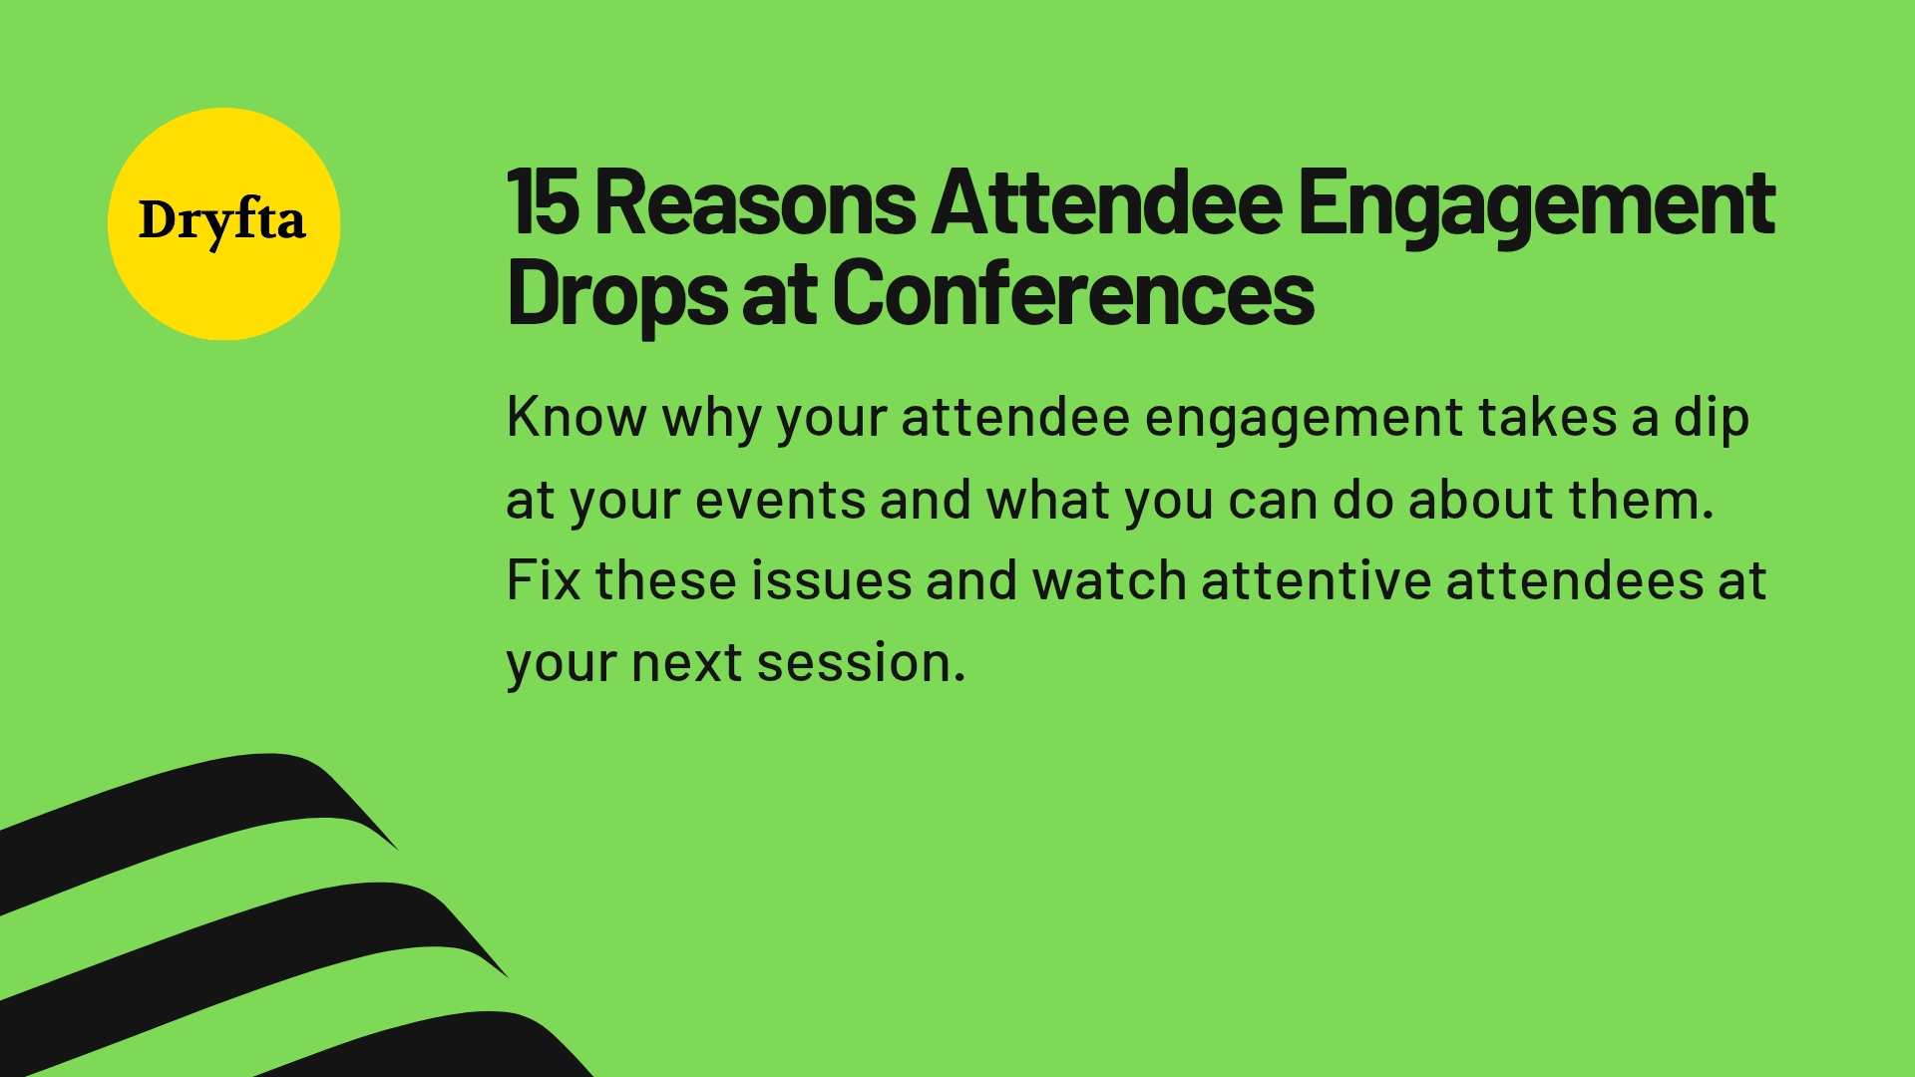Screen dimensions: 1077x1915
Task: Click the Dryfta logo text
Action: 221,221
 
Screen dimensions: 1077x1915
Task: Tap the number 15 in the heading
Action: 543,203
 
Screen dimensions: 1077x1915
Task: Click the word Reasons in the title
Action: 755,203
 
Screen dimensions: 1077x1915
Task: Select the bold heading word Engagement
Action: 1536,205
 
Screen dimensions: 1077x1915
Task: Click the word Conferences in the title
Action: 1073,293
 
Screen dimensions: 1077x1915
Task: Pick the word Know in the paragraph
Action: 575,417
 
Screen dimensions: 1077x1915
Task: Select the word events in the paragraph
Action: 780,500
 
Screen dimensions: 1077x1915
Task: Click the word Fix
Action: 543,580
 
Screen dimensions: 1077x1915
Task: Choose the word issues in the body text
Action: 831,580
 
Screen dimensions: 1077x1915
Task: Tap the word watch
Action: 1109,580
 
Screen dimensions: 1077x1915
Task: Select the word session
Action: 860,663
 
